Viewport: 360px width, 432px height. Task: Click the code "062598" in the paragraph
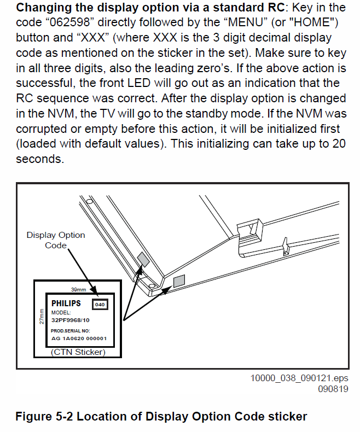[x=68, y=23]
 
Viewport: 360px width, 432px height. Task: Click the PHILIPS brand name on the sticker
[x=66, y=303]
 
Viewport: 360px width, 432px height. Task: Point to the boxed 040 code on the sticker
[x=100, y=304]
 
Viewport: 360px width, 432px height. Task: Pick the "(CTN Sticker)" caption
[x=77, y=352]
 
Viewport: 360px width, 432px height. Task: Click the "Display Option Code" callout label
[x=56, y=240]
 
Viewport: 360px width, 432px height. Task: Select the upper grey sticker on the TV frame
[x=142, y=258]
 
